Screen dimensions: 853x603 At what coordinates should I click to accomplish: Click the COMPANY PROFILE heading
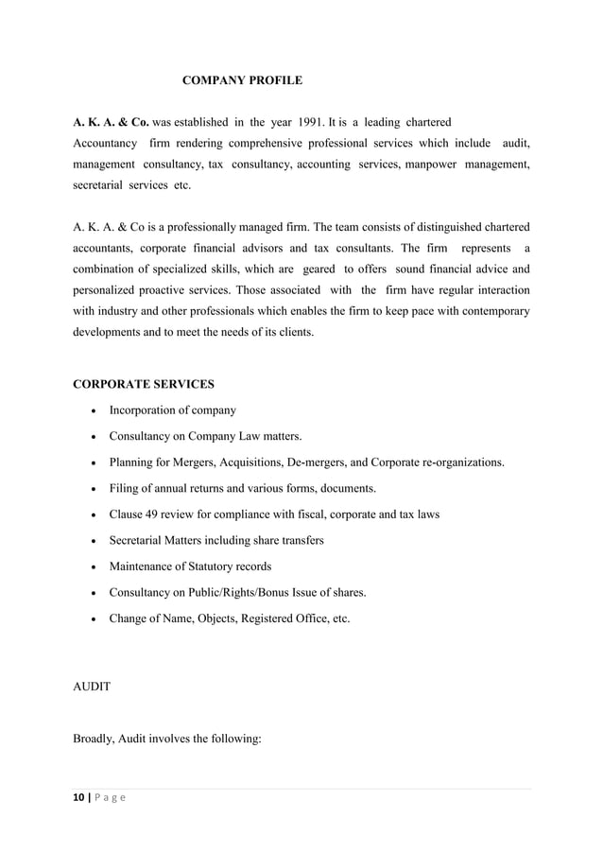click(242, 81)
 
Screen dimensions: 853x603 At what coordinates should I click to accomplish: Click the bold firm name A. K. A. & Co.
click(112, 123)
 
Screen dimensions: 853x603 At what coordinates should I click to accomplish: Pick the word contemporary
click(478, 310)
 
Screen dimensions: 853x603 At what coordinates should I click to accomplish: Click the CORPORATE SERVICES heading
click(144, 385)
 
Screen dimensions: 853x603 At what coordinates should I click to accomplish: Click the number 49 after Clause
click(154, 514)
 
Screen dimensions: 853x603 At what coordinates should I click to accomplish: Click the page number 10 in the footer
click(79, 797)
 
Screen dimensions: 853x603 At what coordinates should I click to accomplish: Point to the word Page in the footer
click(112, 797)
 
